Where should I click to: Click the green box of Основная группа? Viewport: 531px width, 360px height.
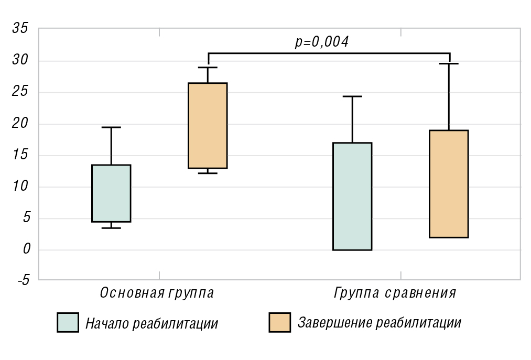111,193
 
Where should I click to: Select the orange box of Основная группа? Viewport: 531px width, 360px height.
208,125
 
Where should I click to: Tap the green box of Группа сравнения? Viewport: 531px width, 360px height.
352,196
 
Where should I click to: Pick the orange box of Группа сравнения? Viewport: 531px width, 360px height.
449,183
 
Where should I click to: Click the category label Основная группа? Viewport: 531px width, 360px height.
157,292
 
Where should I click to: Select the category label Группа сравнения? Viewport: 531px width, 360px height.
395,292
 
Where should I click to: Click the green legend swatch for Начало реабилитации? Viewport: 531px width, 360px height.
68,323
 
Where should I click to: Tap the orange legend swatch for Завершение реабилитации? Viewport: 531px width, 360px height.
279,323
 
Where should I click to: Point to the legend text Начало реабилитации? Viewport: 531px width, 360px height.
151,323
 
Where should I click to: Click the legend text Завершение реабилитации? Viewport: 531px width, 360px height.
380,323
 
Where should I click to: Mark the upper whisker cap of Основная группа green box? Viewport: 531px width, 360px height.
111,127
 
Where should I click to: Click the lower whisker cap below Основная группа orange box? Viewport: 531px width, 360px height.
208,173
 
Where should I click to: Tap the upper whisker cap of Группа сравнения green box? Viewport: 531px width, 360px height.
352,96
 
